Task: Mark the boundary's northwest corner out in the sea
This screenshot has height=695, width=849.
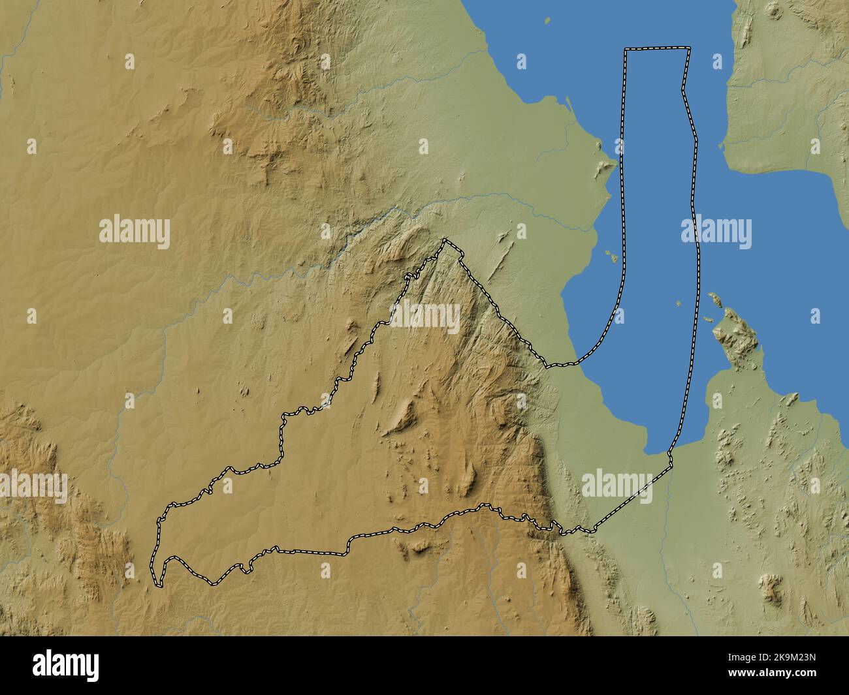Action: point(626,50)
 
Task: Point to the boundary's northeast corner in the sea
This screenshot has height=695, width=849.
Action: point(690,49)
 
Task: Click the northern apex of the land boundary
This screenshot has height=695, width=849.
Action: point(445,241)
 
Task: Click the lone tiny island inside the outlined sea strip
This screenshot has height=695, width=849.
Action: point(679,303)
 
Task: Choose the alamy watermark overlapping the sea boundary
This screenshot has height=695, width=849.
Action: point(716,232)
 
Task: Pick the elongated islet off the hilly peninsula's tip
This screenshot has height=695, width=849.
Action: point(714,300)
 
